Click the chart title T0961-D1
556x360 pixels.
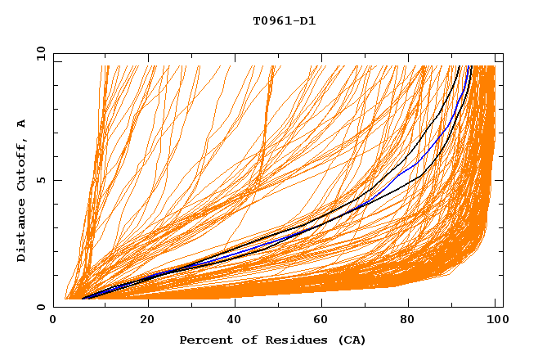284,21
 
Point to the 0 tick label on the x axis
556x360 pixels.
54,320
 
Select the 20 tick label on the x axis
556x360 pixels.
148,320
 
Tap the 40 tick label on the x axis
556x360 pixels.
235,320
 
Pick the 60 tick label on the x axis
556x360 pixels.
321,320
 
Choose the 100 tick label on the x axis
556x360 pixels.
495,320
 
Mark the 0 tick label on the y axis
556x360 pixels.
41,307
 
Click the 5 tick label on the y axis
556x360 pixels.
41,180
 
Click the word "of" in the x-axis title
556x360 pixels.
243,340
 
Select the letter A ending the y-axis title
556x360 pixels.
21,124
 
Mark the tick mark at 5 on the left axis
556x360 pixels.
56,180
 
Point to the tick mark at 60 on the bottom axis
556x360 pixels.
321,304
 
